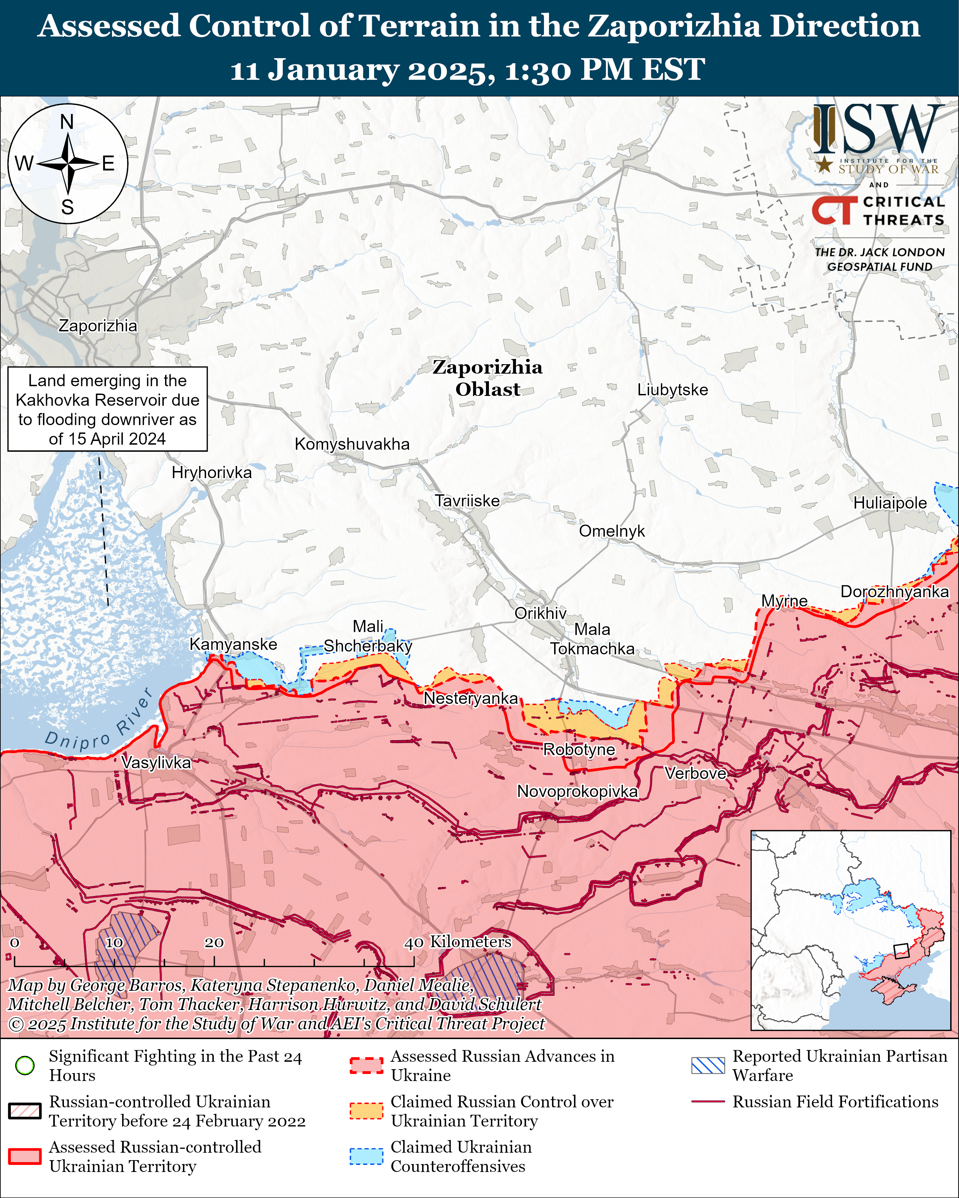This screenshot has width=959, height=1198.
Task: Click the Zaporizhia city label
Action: point(98,326)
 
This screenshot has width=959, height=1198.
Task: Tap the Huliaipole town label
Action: point(890,503)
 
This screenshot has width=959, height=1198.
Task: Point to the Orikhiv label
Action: point(540,613)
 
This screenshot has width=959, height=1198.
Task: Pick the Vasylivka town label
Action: point(156,762)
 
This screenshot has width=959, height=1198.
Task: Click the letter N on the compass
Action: point(67,122)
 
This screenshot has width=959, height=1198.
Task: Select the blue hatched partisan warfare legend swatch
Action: point(708,1065)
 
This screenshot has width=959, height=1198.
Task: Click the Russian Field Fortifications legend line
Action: point(708,1101)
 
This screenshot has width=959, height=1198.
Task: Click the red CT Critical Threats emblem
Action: point(834,210)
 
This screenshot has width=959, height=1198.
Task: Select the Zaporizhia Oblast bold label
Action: point(487,378)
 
